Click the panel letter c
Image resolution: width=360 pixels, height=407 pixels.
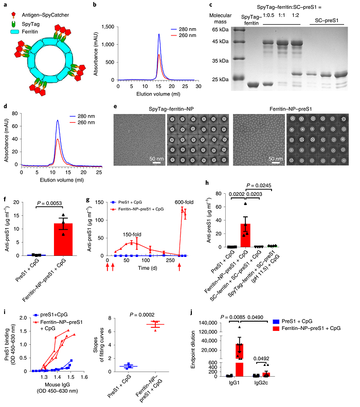(211, 5)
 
